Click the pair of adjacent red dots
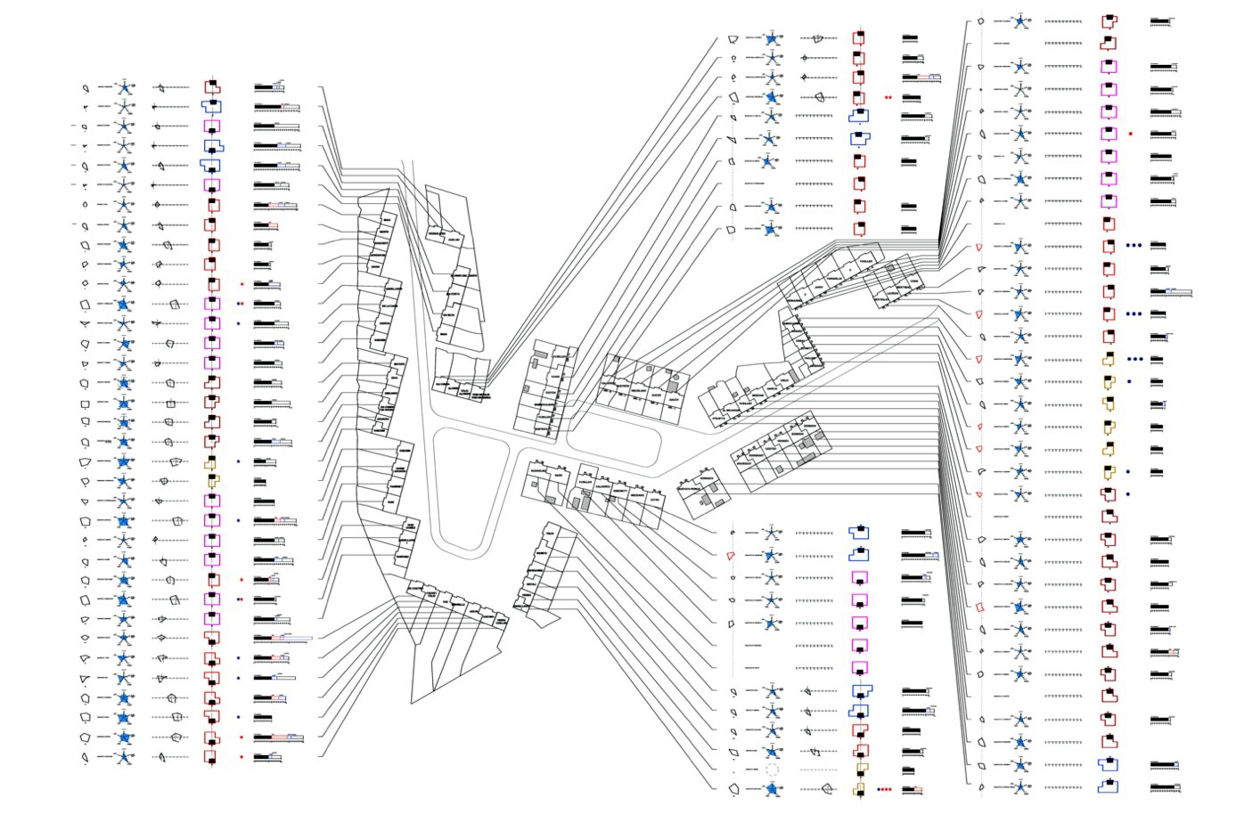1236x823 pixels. point(888,97)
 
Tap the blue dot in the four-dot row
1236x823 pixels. point(879,789)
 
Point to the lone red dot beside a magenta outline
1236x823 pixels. point(1131,134)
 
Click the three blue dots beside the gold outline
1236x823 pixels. point(1135,359)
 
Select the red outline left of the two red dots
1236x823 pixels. point(858,97)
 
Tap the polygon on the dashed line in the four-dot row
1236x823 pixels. point(827,789)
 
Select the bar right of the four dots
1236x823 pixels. point(912,789)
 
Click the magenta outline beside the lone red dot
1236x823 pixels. point(1109,134)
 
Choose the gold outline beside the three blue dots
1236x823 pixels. point(1109,359)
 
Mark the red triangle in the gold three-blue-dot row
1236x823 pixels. point(978,359)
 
